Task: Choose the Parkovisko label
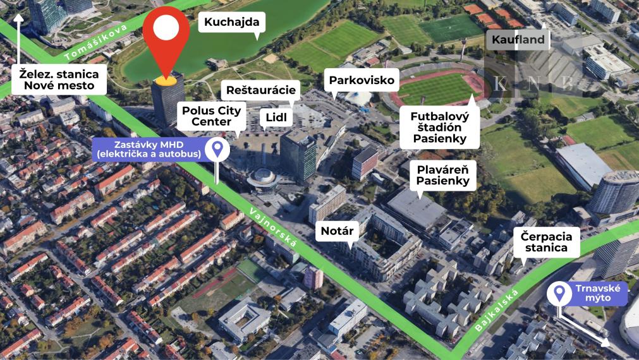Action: click(362, 80)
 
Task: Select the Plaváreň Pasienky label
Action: click(442, 175)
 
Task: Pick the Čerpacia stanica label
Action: click(547, 243)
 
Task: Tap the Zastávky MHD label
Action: click(149, 149)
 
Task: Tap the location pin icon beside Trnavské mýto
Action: click(559, 293)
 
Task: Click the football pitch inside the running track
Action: click(437, 88)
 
